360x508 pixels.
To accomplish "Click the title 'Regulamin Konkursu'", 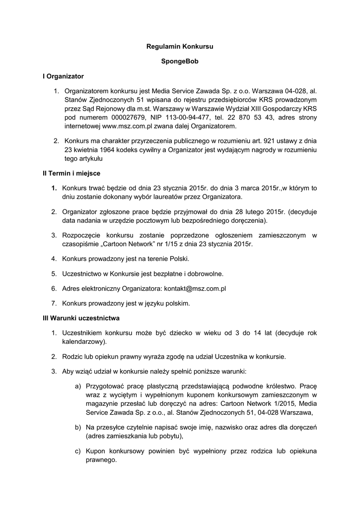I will [180, 46].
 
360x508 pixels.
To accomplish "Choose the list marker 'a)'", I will [78, 385].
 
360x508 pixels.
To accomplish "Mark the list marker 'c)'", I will [78, 451].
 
